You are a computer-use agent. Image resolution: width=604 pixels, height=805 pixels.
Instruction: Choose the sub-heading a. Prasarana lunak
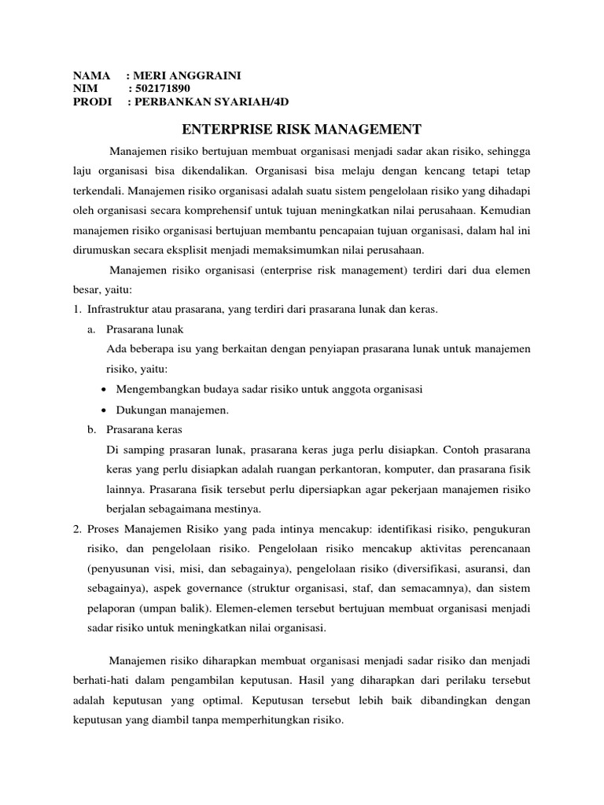coord(143,329)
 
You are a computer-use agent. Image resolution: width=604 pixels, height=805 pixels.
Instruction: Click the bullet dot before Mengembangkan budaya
coord(106,390)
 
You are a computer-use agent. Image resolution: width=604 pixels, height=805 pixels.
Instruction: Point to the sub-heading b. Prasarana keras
coord(143,430)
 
